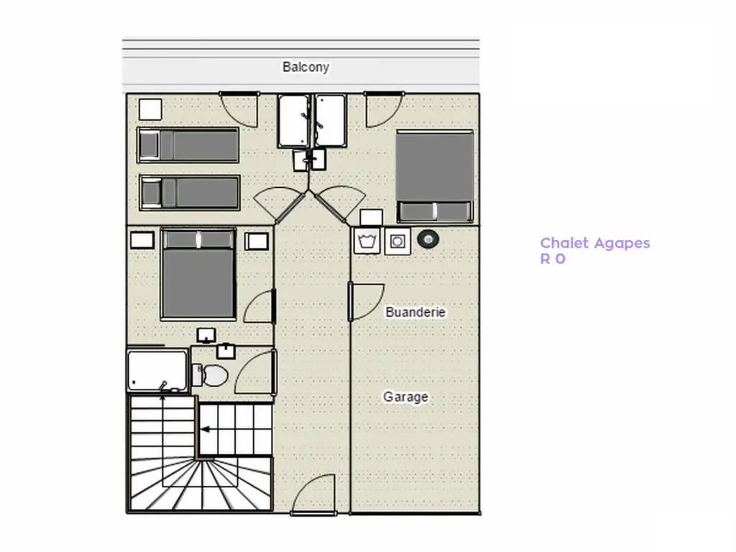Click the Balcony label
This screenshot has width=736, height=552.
coord(305,67)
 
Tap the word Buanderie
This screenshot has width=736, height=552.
coord(415,312)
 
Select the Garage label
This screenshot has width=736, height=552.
coord(405,397)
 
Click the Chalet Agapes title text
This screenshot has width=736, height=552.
coord(594,243)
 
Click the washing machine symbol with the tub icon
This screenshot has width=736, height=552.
coord(367,241)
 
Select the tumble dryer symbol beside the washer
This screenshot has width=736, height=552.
coord(397,241)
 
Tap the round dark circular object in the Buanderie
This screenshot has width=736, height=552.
coord(428,239)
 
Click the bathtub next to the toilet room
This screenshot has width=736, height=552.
coord(157,370)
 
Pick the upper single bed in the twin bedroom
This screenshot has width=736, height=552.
coord(188,145)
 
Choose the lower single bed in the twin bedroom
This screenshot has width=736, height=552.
coord(190,193)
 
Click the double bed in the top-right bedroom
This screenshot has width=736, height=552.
coord(435,176)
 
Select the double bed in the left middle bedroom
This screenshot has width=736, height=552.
coord(198,274)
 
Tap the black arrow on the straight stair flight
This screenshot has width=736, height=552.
coord(205,429)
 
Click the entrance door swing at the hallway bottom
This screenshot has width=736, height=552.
coord(313,494)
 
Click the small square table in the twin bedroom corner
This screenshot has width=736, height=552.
coord(150,109)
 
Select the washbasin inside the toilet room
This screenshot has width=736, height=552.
coord(226,351)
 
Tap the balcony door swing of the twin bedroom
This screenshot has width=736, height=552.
coord(239,109)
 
